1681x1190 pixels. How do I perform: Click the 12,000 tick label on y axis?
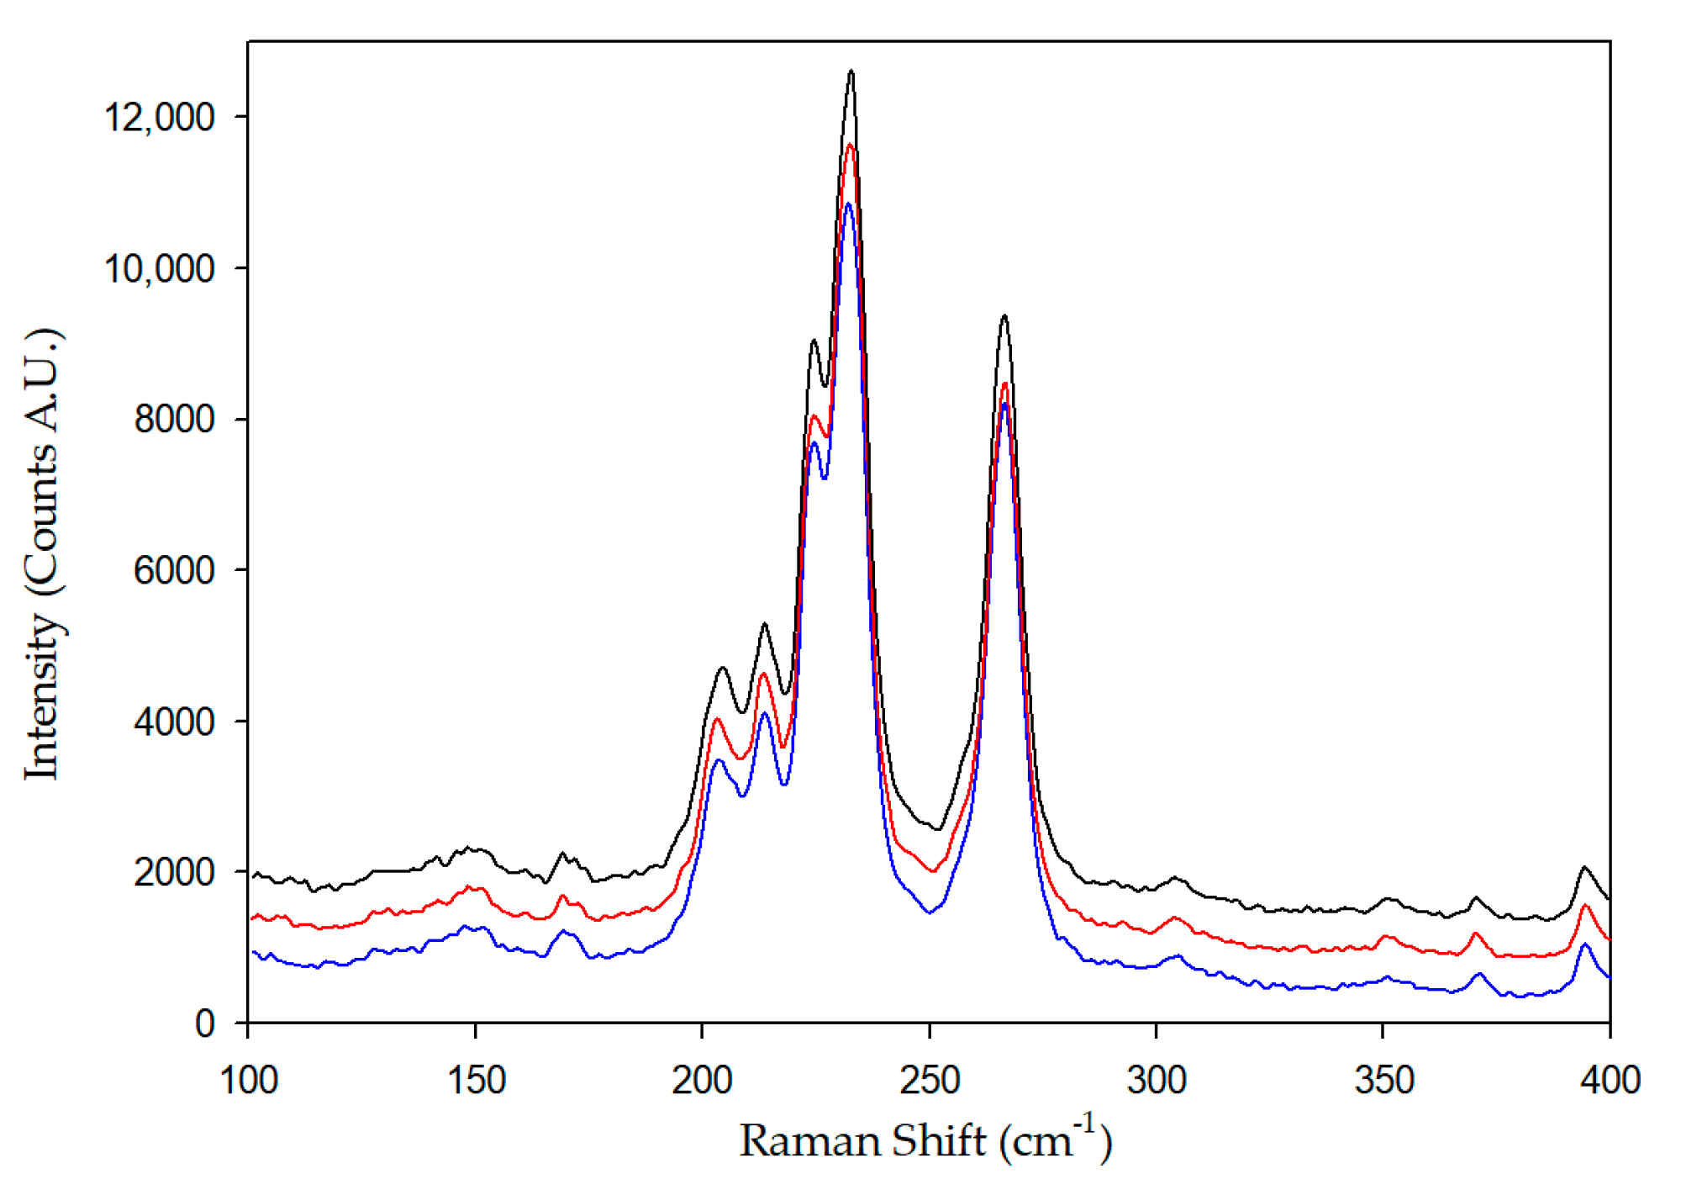[159, 117]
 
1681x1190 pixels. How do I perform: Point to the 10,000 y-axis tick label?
[159, 269]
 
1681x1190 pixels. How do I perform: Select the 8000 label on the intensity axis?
[174, 419]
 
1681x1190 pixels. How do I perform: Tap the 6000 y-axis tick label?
[174, 570]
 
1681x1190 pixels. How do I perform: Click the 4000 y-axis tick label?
[174, 722]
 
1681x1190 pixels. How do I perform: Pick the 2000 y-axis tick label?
[174, 872]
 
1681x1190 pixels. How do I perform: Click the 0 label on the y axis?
[205, 1023]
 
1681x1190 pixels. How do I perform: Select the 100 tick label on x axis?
[248, 1080]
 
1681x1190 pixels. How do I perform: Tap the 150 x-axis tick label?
[476, 1080]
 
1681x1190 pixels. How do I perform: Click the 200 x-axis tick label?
[702, 1080]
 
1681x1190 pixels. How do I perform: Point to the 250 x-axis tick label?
[929, 1080]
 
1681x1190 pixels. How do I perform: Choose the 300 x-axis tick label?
[1157, 1080]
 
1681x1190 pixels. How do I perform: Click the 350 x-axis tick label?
[1383, 1080]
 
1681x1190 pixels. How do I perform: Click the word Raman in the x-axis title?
[810, 1142]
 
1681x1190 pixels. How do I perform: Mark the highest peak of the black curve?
[851, 71]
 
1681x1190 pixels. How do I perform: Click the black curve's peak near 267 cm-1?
[1004, 316]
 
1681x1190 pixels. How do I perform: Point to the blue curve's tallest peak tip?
[849, 204]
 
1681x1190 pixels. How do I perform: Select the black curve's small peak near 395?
[1584, 867]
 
